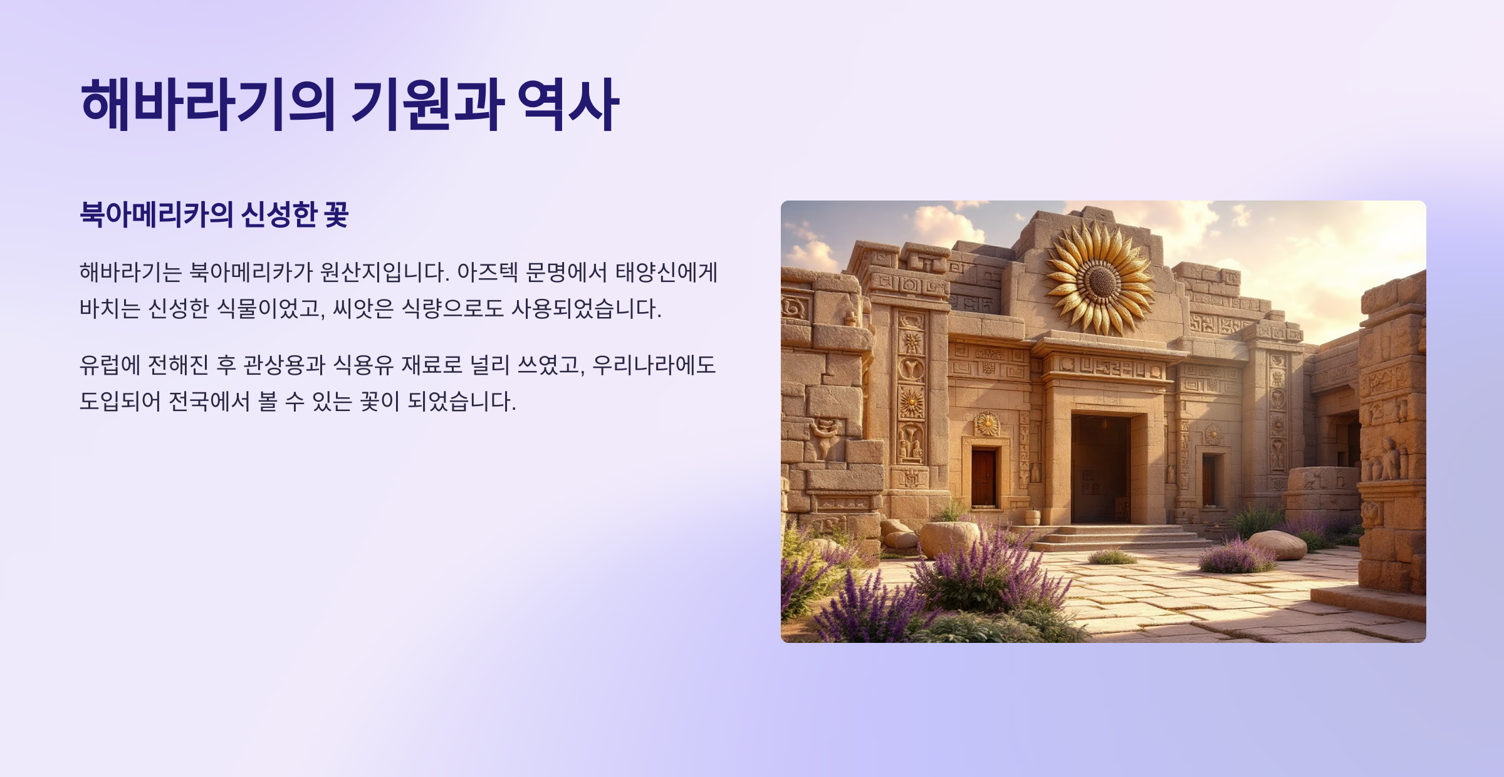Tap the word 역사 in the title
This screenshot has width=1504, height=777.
click(568, 105)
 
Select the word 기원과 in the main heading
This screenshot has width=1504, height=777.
click(427, 105)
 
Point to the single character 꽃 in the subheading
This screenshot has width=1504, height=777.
click(336, 215)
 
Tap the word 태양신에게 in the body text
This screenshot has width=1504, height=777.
click(666, 273)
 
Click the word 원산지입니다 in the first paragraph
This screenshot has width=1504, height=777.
click(384, 273)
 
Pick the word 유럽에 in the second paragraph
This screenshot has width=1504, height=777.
click(110, 365)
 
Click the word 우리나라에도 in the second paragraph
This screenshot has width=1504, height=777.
click(654, 365)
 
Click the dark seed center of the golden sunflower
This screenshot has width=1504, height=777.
click(1101, 281)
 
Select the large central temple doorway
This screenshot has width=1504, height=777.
click(1100, 467)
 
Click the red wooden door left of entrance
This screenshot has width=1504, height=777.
click(983, 477)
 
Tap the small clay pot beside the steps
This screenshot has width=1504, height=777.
click(1033, 518)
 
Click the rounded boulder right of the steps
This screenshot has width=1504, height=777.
click(1277, 545)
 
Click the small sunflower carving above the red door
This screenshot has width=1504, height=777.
click(986, 424)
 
